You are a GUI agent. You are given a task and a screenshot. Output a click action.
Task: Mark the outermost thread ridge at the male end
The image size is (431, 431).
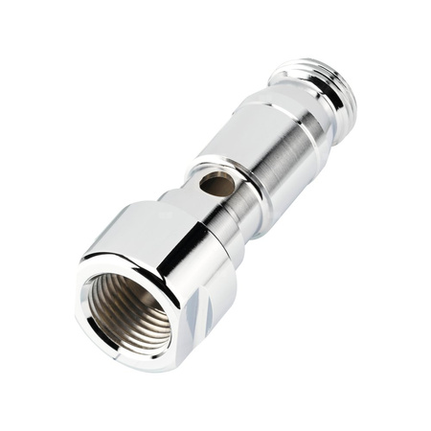coord(340,77)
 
